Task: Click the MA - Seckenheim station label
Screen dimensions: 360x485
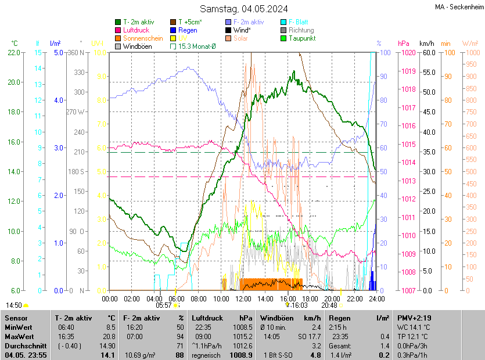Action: [x=459, y=6]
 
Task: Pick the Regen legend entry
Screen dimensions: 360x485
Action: [x=188, y=30]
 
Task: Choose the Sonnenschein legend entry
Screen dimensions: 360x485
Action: [x=143, y=38]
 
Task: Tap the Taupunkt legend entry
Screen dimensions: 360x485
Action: [x=301, y=38]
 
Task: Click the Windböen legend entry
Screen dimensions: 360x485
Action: [x=136, y=46]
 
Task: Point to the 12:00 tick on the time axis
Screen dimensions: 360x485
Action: [x=243, y=298]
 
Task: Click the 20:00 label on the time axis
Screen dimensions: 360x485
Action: [x=332, y=298]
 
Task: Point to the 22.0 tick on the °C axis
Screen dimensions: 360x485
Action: [x=15, y=53]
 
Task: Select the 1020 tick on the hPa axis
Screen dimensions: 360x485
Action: [x=408, y=53]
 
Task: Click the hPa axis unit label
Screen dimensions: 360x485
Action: [x=404, y=44]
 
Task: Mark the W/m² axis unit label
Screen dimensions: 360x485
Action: [x=470, y=44]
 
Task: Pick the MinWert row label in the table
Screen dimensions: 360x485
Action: [x=19, y=327]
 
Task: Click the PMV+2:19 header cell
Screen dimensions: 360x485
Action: [x=414, y=318]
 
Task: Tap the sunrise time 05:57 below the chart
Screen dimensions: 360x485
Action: [x=165, y=305]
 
